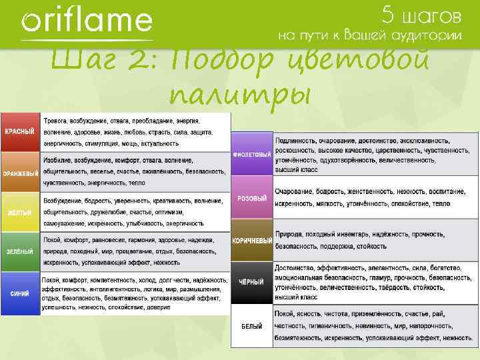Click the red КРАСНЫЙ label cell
21,132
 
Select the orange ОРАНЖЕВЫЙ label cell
21,173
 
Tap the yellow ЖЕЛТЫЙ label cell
21,213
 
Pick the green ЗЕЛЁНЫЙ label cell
21,251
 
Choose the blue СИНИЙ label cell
21,293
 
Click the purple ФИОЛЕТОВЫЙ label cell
252,154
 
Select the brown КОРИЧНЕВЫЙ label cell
252,240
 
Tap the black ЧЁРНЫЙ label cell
252,282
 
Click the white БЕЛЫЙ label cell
252,326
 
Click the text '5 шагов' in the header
421,14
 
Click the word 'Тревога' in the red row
58,121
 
